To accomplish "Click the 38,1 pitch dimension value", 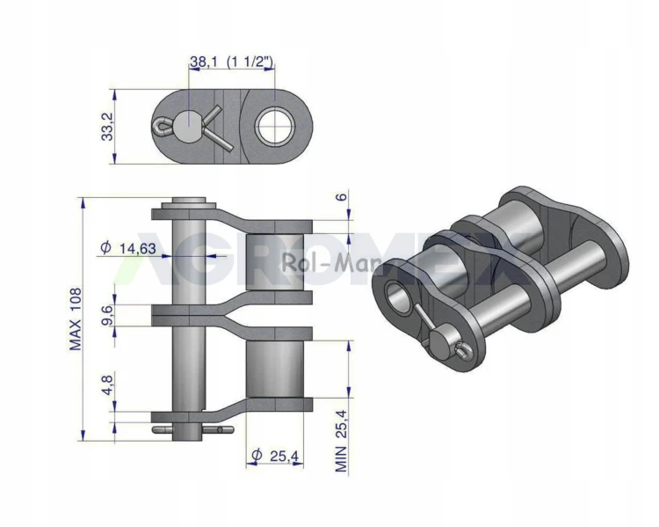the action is pos(204,62).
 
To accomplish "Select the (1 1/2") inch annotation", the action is pos(250,62).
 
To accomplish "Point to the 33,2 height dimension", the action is pos(108,127).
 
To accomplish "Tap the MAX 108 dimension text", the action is pos(76,319).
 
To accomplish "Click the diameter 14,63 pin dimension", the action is pos(128,248).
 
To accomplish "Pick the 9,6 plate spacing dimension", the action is pos(107,316).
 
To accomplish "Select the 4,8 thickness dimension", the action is pos(107,385).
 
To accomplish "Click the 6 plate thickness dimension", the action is pos(343,196).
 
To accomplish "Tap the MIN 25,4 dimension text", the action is pos(342,440).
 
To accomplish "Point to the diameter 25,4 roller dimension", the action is pos(274,456).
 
